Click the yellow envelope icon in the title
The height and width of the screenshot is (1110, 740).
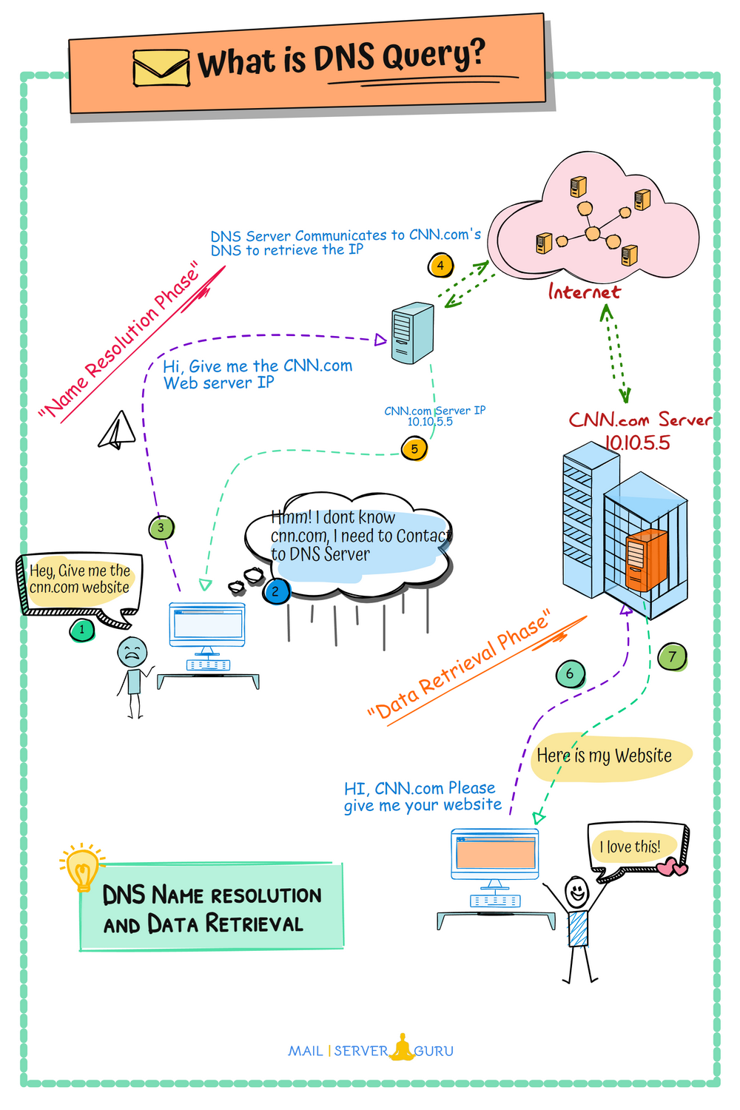(161, 68)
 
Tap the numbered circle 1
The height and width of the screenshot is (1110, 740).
(81, 630)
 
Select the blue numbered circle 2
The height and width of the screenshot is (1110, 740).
(276, 591)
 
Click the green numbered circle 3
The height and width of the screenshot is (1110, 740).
(161, 528)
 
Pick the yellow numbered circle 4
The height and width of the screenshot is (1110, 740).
(440, 265)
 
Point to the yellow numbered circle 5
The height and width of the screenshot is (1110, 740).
(414, 448)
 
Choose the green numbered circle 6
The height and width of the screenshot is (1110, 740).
(570, 673)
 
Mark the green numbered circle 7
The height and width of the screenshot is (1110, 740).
(672, 656)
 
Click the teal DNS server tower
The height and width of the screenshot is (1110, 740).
(412, 333)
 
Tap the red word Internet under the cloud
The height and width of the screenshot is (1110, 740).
(584, 292)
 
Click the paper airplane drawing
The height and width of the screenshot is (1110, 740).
(117, 431)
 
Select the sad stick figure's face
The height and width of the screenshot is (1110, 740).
(132, 653)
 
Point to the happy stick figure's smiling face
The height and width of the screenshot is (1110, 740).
(576, 890)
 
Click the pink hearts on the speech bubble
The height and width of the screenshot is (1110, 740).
(672, 867)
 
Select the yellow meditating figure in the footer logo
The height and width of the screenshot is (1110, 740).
(402, 1048)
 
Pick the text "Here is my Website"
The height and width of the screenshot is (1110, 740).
(604, 756)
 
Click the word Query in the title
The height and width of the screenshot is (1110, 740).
(437, 56)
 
